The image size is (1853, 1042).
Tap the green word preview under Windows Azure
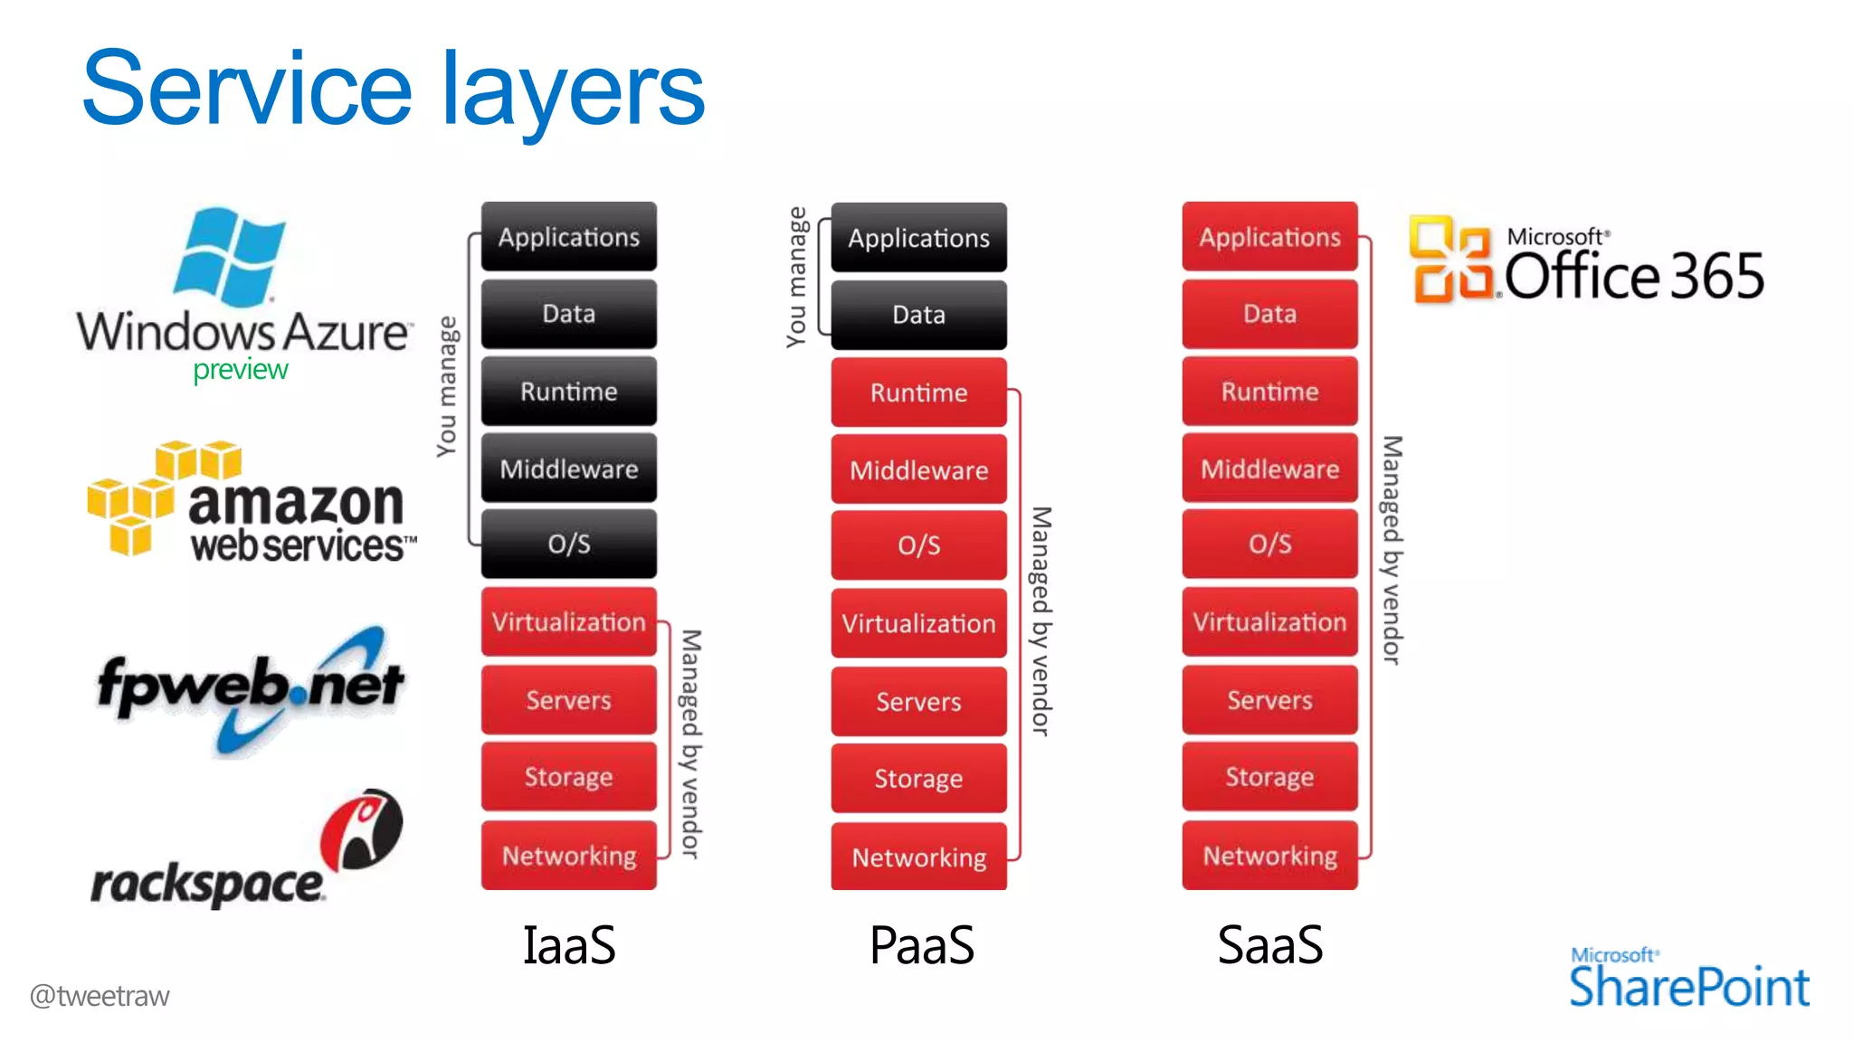click(240, 369)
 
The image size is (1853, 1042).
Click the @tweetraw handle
click(100, 996)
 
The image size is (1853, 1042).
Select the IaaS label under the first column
click(569, 945)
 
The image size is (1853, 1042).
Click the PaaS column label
click(921, 945)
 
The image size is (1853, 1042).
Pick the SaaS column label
click(1269, 945)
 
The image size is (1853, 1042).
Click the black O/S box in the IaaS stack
click(569, 544)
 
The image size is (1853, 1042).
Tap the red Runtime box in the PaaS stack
click(918, 393)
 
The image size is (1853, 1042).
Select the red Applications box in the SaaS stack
click(1269, 237)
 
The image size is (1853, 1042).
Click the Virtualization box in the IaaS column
click(569, 622)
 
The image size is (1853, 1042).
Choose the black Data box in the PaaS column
click(918, 315)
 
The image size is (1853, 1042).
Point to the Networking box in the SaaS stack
click(1269, 856)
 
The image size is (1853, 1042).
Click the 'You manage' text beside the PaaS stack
click(796, 277)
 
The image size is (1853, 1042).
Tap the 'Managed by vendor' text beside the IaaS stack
click(690, 744)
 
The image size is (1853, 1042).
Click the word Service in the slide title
click(246, 90)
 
